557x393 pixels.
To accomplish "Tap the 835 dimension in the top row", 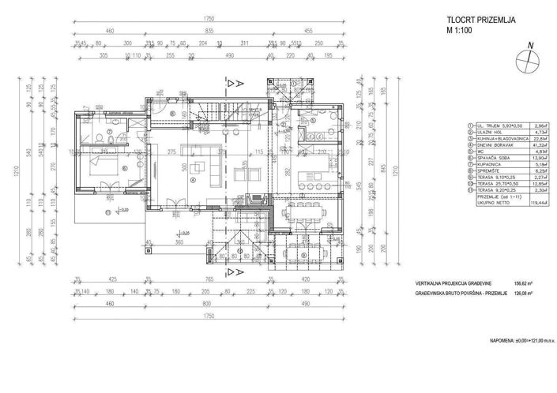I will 209,30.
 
